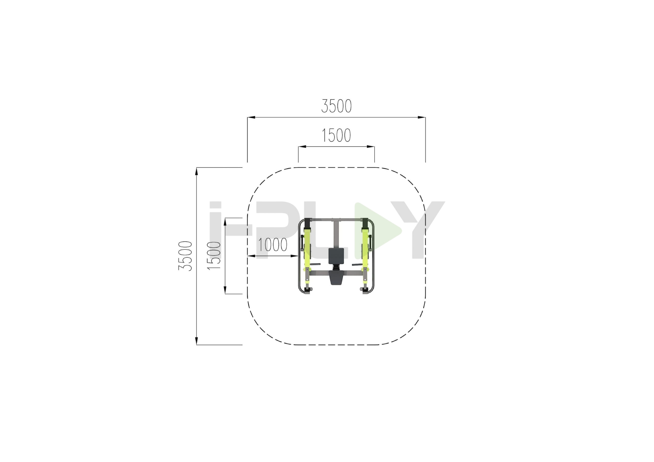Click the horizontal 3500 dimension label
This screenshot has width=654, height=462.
[x=336, y=106]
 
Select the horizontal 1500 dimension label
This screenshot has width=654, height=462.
[x=336, y=135]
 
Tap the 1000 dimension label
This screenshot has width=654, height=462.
[x=273, y=245]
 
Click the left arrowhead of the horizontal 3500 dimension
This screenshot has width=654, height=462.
[x=251, y=117]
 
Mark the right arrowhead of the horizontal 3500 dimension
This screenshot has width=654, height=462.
[x=422, y=117]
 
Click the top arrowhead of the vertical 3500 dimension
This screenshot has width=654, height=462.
[x=196, y=171]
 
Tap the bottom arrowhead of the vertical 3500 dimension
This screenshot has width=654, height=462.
[x=196, y=341]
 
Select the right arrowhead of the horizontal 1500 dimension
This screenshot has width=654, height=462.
[x=371, y=147]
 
